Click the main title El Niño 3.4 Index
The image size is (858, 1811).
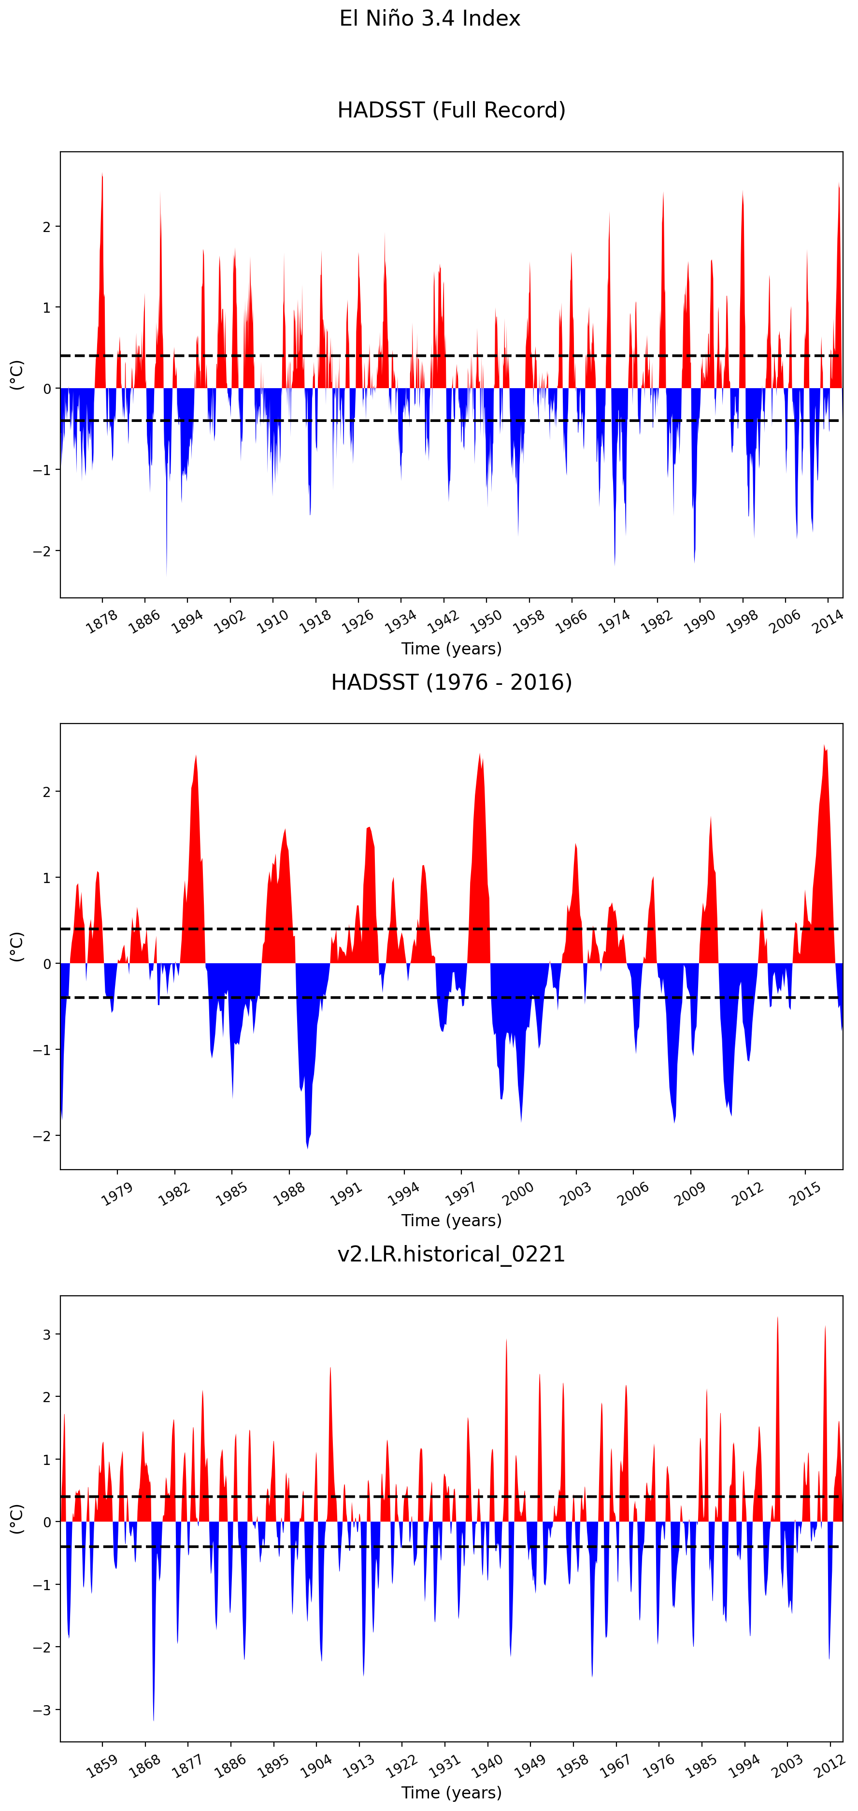click(429, 18)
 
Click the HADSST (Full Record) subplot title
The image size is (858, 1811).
click(451, 110)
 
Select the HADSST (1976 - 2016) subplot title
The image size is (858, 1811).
click(451, 682)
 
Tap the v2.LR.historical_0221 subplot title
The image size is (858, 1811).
click(451, 1254)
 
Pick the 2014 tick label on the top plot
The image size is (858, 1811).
click(828, 622)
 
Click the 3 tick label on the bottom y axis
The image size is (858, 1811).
click(47, 1334)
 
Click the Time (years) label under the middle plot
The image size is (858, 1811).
click(451, 1220)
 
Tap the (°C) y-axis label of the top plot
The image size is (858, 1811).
click(16, 375)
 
